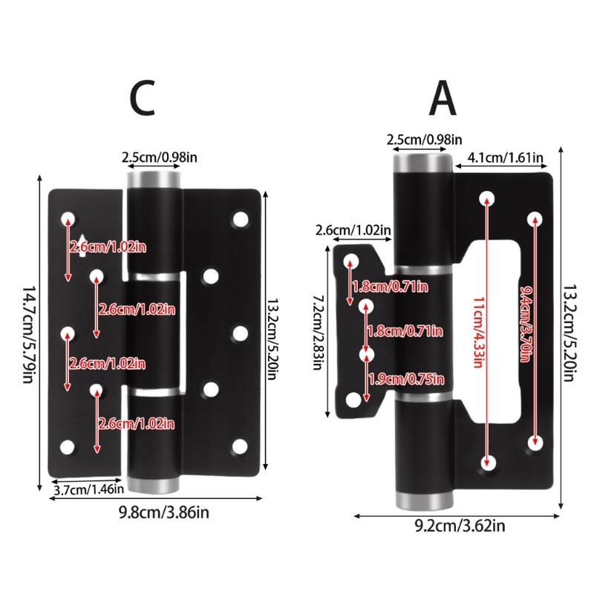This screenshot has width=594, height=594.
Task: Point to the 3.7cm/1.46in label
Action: click(87, 489)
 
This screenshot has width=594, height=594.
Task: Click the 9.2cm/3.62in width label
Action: click(460, 527)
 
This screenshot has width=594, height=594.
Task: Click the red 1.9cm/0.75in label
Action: click(407, 379)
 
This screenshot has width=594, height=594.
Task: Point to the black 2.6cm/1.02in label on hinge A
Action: click(353, 230)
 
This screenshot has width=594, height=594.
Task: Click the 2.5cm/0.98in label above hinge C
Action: click(160, 156)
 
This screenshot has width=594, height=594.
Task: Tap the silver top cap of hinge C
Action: click(155, 179)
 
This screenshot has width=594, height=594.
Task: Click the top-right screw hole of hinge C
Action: click(240, 219)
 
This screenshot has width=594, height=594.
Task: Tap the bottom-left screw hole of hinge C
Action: click(68, 447)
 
